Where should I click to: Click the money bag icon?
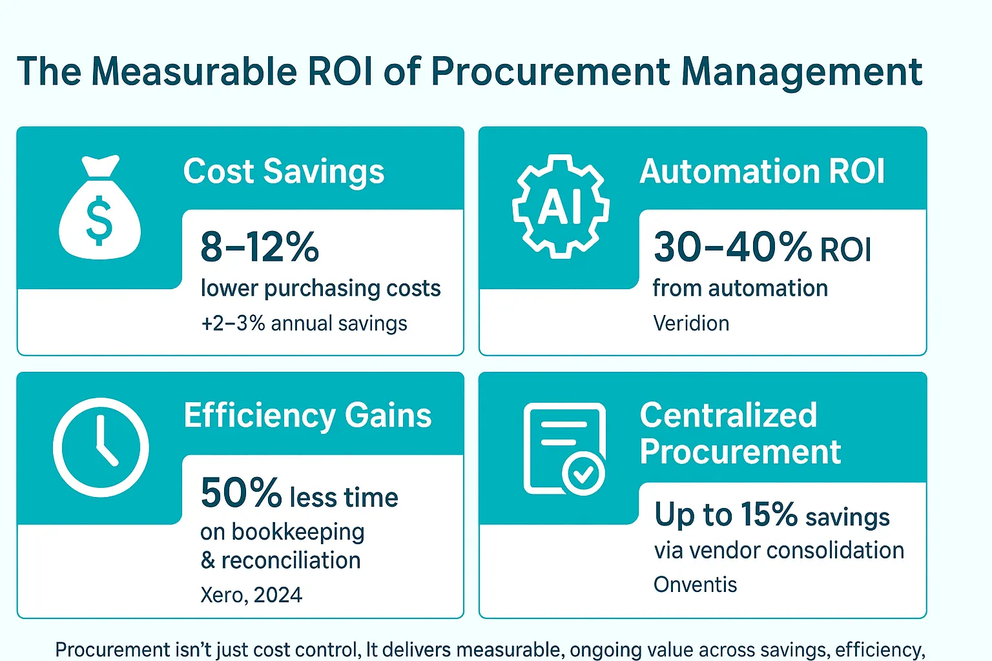(x=100, y=207)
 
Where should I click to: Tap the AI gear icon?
(x=561, y=207)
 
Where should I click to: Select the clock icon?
(x=101, y=447)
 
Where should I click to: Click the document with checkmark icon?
(x=564, y=449)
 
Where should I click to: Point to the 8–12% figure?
(x=260, y=247)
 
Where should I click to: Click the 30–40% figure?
(x=733, y=247)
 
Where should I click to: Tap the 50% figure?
(x=242, y=493)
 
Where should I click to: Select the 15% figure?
(x=769, y=514)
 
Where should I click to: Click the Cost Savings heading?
(x=284, y=171)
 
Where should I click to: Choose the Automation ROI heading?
(x=762, y=171)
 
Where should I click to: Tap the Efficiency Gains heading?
(x=308, y=416)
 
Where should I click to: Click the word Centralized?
(x=728, y=415)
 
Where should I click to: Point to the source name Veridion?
(x=691, y=323)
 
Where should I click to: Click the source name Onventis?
(x=696, y=584)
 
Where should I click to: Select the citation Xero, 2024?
(x=251, y=595)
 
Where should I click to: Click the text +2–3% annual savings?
(x=304, y=323)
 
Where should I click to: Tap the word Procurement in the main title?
(x=550, y=72)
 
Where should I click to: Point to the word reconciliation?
(x=291, y=560)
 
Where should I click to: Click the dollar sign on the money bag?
(x=99, y=221)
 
